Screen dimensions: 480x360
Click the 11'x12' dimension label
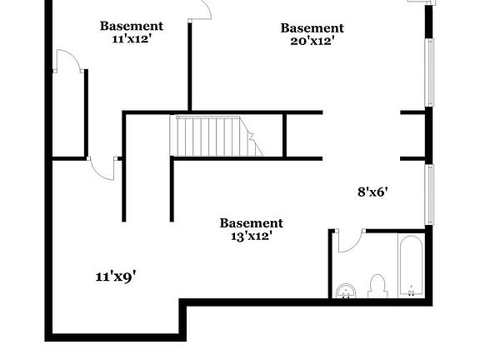(x=132, y=39)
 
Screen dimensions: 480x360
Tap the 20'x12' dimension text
(x=312, y=41)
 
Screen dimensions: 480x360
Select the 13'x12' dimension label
(x=252, y=237)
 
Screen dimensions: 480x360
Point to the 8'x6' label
(x=372, y=192)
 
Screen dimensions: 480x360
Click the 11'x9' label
(x=116, y=277)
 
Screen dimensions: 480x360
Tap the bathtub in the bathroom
(x=411, y=266)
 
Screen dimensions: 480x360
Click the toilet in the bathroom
(x=377, y=286)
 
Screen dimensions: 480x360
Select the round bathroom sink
(x=346, y=291)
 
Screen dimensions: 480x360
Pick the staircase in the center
(x=216, y=136)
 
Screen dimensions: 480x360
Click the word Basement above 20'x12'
(x=312, y=28)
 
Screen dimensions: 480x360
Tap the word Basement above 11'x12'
(x=132, y=26)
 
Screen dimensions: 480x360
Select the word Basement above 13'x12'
(x=252, y=223)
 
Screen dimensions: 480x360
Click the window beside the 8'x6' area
(x=430, y=195)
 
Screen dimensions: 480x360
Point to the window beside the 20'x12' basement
(x=430, y=72)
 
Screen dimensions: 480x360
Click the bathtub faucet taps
(x=412, y=293)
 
